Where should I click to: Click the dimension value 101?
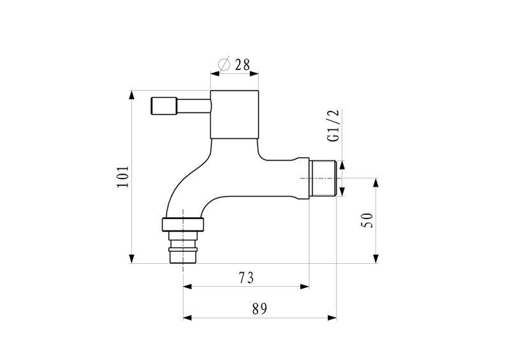tap(123, 176)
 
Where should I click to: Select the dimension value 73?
tap(246, 278)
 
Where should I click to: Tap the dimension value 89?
tap(259, 308)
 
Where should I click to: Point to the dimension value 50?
tap(367, 220)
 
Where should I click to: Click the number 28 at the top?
tap(242, 65)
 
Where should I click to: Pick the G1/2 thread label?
tap(333, 126)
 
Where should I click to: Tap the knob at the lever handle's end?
tap(164, 106)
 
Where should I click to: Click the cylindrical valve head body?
tap(235, 114)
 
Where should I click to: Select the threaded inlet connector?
tap(323, 178)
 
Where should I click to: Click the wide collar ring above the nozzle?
tap(184, 225)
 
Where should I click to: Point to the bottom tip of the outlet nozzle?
tap(183, 263)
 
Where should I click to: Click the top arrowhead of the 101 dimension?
tap(131, 95)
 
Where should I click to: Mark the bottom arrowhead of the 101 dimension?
tap(131, 258)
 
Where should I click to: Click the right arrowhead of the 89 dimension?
tap(331, 318)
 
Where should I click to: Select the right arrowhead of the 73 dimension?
tap(305, 287)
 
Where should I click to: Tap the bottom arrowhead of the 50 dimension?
tap(375, 258)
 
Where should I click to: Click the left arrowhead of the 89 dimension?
tap(187, 318)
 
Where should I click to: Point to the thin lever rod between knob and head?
tap(194, 106)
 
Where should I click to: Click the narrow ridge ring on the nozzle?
tap(183, 249)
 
